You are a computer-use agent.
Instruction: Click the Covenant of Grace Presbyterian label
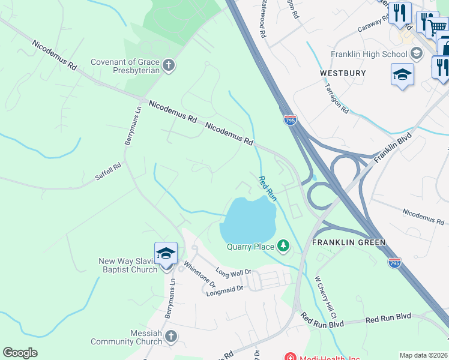click(x=125, y=66)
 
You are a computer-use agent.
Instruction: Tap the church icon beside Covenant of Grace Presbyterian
click(x=169, y=65)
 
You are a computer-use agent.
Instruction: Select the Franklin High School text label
click(x=369, y=54)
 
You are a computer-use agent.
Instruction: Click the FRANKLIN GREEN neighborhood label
click(x=348, y=242)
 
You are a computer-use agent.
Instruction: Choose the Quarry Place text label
click(x=250, y=246)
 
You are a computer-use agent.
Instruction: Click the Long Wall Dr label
click(x=233, y=272)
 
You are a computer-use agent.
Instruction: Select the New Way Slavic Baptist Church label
click(x=126, y=265)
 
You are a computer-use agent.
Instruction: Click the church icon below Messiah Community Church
click(x=171, y=336)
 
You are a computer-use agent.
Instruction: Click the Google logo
click(x=20, y=353)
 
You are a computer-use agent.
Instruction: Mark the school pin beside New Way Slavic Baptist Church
click(x=166, y=254)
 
